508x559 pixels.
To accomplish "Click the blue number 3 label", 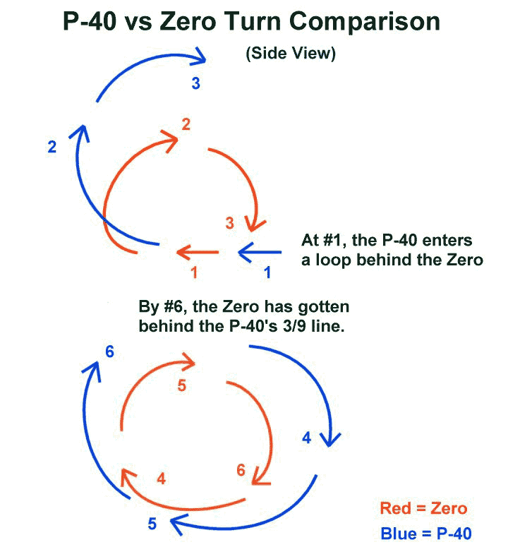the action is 195,83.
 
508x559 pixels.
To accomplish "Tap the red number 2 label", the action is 186,124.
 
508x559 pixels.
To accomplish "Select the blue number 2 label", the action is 52,147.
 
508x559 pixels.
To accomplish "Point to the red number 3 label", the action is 230,223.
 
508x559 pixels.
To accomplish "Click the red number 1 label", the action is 194,272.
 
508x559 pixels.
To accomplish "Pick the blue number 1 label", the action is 267,272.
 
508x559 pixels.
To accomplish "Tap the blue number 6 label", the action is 110,352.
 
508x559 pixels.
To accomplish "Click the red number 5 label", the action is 182,385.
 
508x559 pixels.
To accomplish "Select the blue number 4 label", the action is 307,438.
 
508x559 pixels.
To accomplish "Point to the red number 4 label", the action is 162,479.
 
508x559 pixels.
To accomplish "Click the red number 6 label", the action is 241,470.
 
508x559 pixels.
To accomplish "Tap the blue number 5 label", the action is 152,524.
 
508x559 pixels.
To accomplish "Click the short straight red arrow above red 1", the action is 198,252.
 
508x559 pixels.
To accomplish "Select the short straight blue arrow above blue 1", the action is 260,252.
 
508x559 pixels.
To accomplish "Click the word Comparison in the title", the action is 365,22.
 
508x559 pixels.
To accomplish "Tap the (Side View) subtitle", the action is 291,54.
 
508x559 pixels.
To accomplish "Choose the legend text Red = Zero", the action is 423,508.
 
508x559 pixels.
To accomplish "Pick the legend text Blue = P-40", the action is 426,534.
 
